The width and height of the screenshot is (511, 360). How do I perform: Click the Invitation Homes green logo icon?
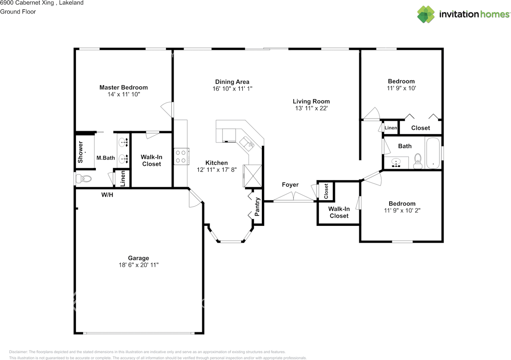point(426,14)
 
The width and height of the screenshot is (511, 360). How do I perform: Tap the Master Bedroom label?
point(123,87)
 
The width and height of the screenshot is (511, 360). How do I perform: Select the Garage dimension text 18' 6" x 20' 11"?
point(139,265)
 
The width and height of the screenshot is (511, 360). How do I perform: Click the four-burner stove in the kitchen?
point(181,156)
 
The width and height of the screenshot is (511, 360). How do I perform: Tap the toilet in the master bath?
point(83,179)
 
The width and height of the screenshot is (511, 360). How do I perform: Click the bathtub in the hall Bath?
point(433,153)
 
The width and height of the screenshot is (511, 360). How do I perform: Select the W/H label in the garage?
point(107,195)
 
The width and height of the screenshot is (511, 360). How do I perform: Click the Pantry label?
point(257,207)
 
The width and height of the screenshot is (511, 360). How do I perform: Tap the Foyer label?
point(290,184)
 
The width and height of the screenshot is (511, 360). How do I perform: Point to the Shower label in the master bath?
point(80,152)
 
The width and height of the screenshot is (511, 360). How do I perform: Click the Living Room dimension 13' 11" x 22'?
point(311,108)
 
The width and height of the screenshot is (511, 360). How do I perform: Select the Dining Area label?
point(232,82)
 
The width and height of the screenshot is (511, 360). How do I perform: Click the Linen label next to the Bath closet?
point(390,128)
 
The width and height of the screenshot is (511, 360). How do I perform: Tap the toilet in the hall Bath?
point(418,161)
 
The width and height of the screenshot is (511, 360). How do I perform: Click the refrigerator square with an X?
point(253,176)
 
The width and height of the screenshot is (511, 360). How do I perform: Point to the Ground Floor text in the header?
point(18,12)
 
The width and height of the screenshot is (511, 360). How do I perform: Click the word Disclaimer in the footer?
point(18,352)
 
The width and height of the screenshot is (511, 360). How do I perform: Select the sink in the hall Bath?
point(396,163)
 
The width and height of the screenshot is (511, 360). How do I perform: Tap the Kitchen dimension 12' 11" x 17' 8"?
point(216,170)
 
